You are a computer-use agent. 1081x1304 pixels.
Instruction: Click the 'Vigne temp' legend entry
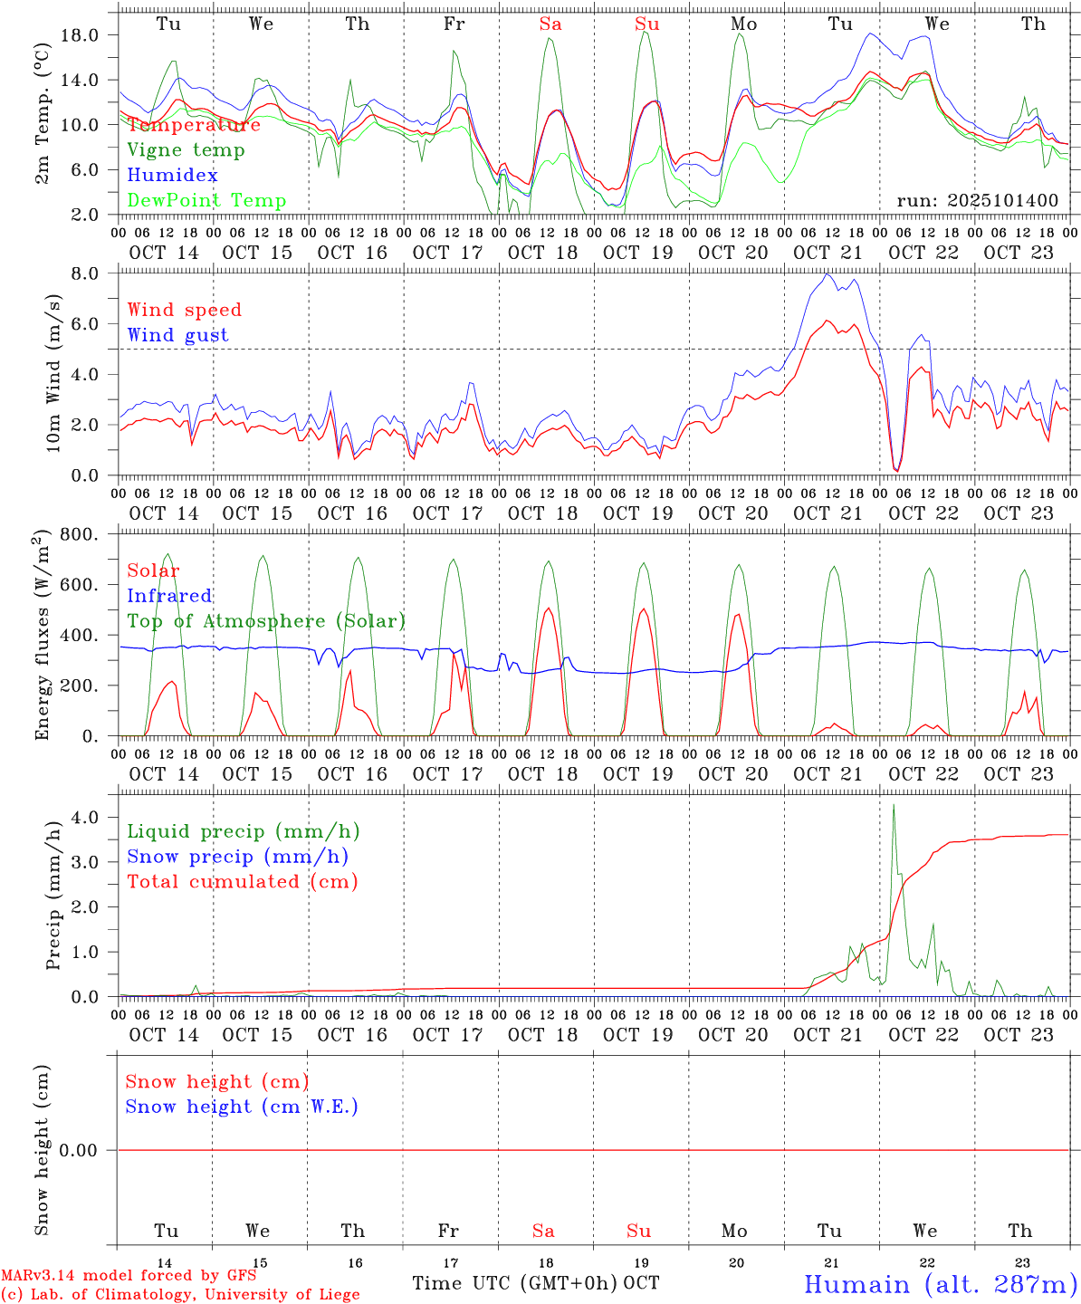pos(186,150)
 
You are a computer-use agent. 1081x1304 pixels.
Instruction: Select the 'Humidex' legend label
pos(172,176)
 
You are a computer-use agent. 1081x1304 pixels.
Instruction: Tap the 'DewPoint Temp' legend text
pos(206,201)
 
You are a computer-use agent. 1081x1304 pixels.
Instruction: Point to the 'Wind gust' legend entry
pos(177,335)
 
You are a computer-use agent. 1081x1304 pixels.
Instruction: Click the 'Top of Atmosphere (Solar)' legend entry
pos(266,621)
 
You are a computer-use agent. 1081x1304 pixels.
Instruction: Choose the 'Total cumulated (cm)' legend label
pos(242,882)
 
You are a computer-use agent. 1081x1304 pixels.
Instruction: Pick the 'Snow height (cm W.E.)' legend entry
pos(242,1107)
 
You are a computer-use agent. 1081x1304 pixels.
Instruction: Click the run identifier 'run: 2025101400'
pos(977,201)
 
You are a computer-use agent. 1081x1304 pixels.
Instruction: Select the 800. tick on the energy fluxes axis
pos(79,534)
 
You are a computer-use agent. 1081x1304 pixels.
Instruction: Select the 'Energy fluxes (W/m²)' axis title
pos(43,637)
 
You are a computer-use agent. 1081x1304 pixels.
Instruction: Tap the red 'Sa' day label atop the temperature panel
pos(550,24)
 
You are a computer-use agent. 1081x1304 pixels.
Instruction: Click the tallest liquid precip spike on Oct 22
pos(894,806)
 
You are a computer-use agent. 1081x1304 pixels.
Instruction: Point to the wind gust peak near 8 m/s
pos(828,273)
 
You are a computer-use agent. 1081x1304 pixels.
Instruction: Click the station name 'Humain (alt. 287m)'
pos(941,1284)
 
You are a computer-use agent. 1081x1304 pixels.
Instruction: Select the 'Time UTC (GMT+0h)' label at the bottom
pos(515,1283)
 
